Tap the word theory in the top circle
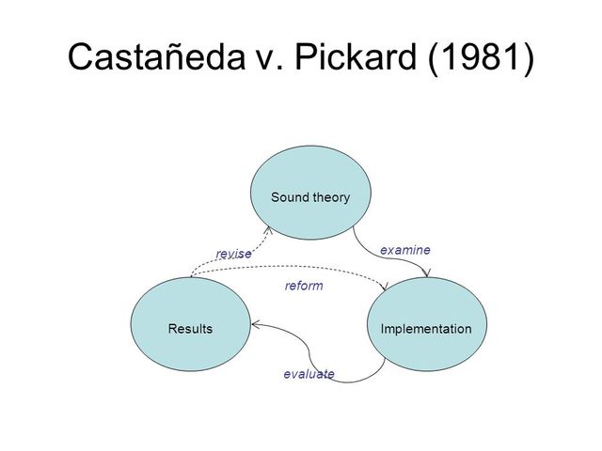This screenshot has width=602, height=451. click(x=331, y=197)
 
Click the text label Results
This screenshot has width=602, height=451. click(x=190, y=329)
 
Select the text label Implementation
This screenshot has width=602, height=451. click(x=425, y=329)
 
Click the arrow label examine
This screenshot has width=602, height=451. click(x=404, y=250)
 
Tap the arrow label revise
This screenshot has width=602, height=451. click(x=233, y=254)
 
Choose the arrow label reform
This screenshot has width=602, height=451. click(x=304, y=286)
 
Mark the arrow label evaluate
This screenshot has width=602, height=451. click(x=309, y=374)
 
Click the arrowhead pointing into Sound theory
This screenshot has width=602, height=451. click(x=268, y=229)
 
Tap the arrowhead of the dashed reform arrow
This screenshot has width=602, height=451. click(x=384, y=284)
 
